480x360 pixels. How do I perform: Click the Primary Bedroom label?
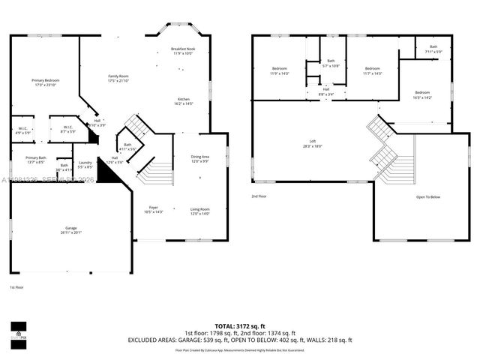[45, 80]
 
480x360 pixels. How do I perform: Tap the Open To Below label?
[429, 197]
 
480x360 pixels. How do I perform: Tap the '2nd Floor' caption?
[259, 196]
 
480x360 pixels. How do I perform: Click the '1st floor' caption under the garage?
[16, 287]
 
